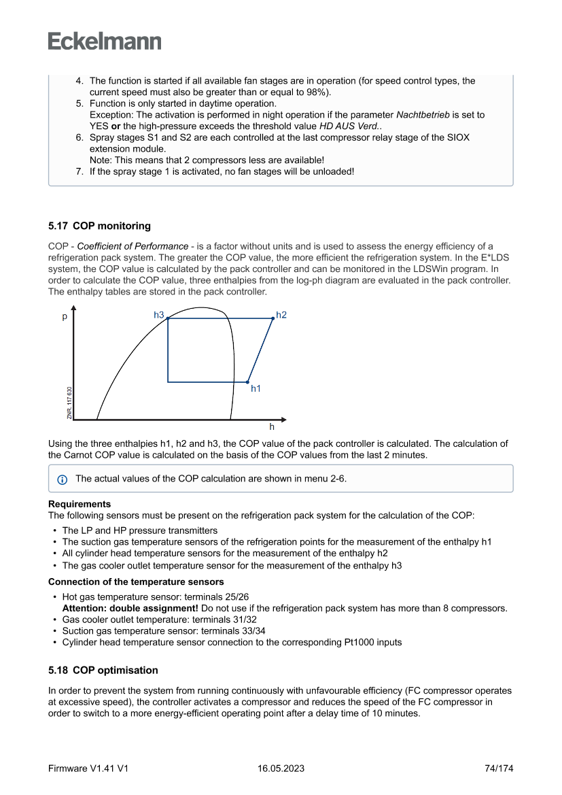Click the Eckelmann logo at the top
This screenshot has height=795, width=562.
[x=105, y=41]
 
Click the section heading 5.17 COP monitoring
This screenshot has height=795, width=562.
[x=99, y=226]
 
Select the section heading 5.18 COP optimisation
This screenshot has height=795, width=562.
[x=103, y=670]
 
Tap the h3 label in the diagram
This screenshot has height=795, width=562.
[x=159, y=315]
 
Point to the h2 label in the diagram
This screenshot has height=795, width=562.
[x=281, y=315]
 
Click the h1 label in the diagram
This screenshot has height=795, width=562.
[x=256, y=388]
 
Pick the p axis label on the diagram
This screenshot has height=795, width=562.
[x=65, y=316]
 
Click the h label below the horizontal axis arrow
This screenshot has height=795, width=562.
[x=272, y=427]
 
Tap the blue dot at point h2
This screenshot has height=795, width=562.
[x=273, y=318]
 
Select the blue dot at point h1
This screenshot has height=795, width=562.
[x=247, y=382]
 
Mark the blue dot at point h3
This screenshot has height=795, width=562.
[x=168, y=318]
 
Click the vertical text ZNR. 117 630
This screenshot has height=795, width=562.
[x=69, y=402]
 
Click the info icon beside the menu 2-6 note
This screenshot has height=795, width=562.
[x=62, y=479]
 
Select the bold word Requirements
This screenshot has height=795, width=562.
[x=80, y=504]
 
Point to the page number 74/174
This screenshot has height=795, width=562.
[x=499, y=768]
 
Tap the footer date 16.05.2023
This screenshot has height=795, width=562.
[x=281, y=768]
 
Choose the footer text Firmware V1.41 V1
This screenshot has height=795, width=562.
[x=88, y=768]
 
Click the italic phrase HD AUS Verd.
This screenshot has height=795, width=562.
[x=351, y=126]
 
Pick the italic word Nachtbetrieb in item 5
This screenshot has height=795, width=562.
[x=423, y=115]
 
